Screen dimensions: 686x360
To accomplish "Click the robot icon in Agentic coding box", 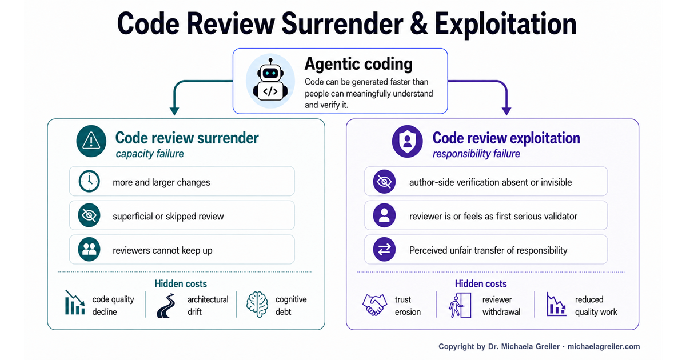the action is point(270,81).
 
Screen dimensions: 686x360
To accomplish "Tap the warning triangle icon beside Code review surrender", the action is point(91,141).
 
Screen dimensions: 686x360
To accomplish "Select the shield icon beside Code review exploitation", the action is point(407,141).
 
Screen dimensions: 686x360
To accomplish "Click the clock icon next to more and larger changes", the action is point(89,182).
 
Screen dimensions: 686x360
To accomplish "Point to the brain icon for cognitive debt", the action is point(257,304).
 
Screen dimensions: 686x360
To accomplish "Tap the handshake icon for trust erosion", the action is point(374,305).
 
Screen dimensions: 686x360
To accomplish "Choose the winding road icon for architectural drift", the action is point(166,306).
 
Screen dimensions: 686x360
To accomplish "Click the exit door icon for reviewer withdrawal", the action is point(460,305).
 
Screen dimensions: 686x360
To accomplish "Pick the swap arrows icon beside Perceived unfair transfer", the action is point(384,250).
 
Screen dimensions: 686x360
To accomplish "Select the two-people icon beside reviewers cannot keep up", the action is point(89,250).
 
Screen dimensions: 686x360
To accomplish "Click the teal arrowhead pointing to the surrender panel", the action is point(174,111).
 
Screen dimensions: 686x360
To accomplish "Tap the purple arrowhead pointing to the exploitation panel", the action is point(506,111).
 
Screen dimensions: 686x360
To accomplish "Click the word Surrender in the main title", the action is point(342,24).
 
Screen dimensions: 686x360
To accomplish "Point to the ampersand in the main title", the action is point(418,24).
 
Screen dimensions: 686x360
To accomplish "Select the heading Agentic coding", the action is point(358,64).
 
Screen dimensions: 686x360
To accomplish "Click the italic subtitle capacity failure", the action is point(150,154).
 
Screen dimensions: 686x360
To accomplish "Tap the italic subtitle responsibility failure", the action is point(476,154).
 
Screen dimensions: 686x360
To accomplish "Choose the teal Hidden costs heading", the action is point(181,284).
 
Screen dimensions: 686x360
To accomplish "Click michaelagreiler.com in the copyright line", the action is point(604,346).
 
